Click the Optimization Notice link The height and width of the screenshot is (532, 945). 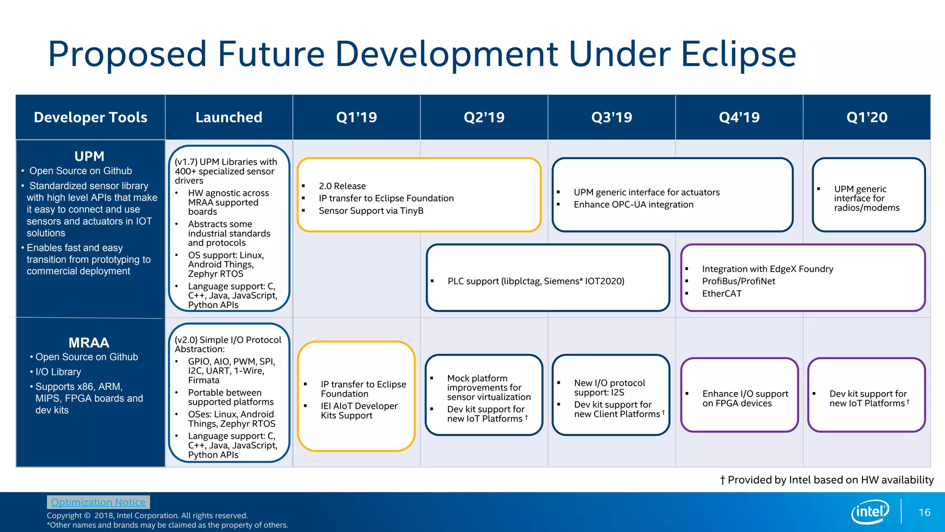(x=98, y=502)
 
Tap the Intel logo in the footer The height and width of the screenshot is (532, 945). (x=870, y=512)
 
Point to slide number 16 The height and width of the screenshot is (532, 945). (x=924, y=512)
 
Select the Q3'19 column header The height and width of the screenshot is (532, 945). (x=611, y=117)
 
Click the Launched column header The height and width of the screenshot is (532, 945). (x=229, y=117)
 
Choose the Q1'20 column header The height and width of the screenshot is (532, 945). (x=867, y=117)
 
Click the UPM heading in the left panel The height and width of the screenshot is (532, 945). (x=90, y=156)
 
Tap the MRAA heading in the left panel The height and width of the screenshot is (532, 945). (x=89, y=343)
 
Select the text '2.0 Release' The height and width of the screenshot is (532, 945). (x=342, y=186)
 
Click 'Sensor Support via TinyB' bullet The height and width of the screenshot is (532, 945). (x=371, y=211)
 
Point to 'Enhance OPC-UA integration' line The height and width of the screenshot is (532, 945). (x=633, y=205)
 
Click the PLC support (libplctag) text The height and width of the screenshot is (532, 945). (x=535, y=281)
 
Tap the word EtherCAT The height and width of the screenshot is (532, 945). (x=722, y=294)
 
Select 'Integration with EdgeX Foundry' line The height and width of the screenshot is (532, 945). (x=767, y=269)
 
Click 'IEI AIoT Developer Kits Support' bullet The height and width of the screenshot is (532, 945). (x=359, y=411)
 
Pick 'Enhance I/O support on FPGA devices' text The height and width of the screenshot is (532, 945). (x=745, y=398)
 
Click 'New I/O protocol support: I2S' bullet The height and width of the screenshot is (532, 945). (x=609, y=387)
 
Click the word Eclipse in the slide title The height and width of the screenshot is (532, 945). (x=738, y=54)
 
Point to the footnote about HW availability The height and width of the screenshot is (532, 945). (x=826, y=480)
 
